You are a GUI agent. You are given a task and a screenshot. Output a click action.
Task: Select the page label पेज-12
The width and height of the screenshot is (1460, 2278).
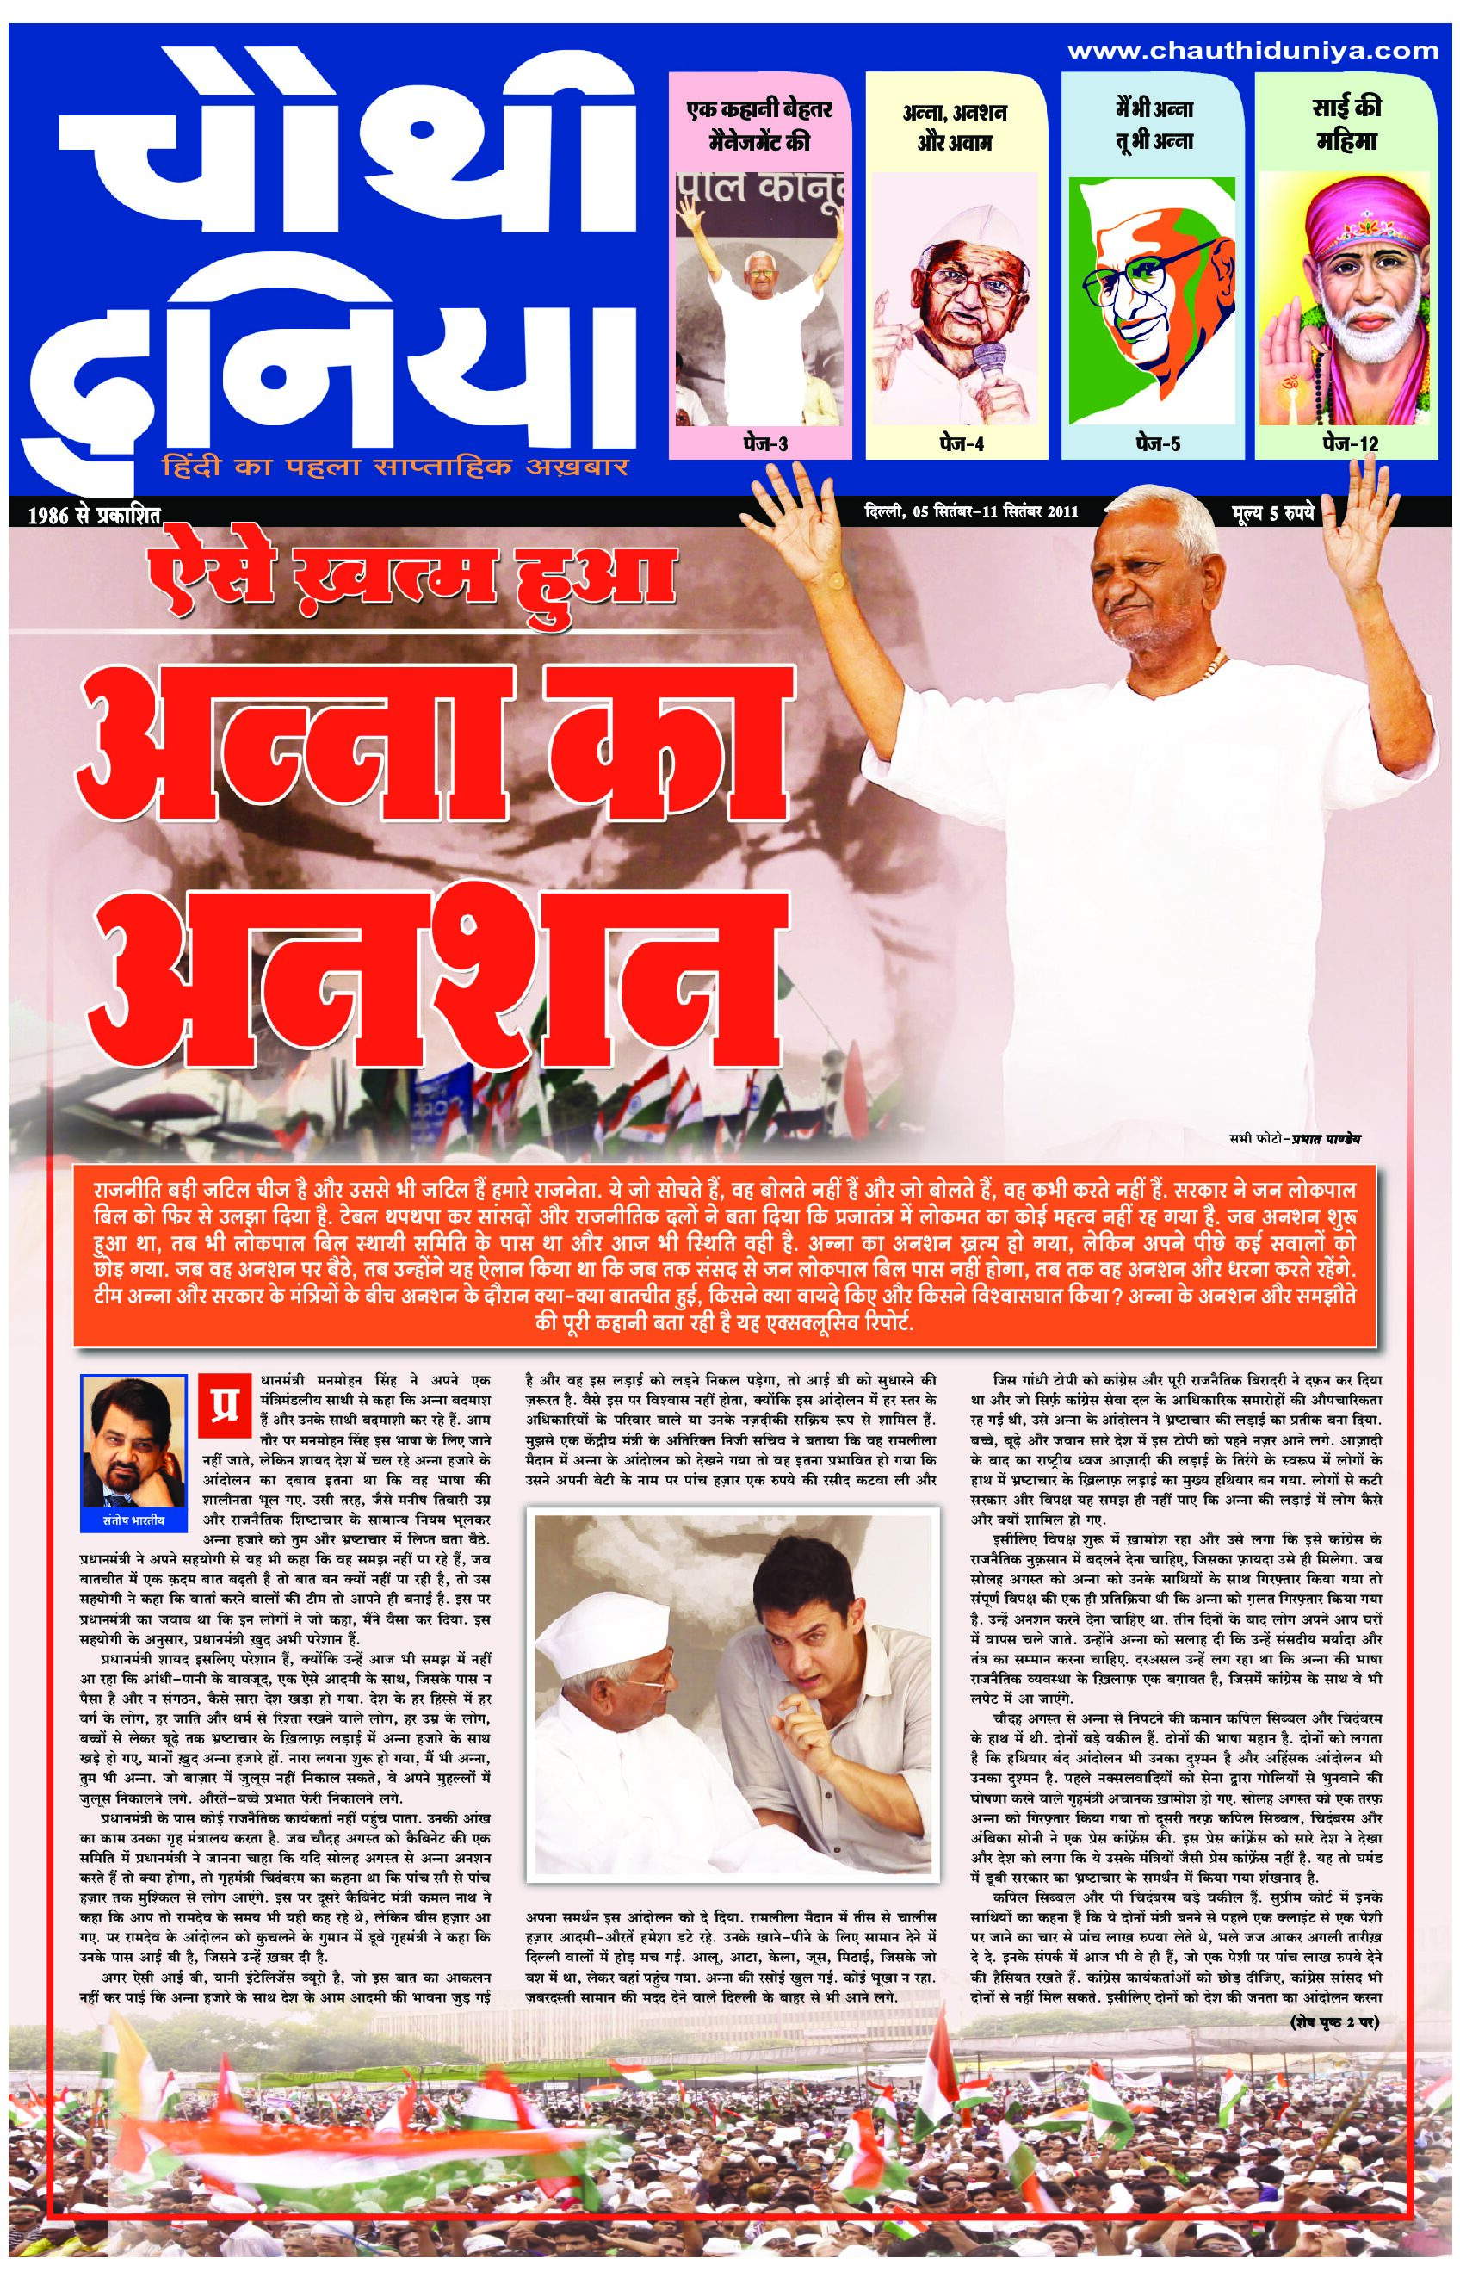1347,443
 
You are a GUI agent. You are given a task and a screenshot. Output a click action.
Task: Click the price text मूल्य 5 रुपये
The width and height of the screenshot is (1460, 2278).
1273,514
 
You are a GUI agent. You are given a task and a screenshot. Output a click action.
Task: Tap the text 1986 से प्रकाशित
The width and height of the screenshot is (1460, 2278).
77,517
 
